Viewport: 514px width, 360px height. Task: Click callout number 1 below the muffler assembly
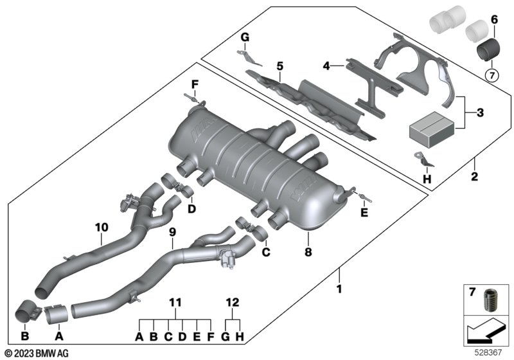pos(339,289)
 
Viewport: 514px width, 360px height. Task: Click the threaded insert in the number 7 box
pos(494,300)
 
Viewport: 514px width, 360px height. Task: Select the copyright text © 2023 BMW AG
pos(35,353)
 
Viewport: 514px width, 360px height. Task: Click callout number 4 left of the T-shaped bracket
pos(326,66)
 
